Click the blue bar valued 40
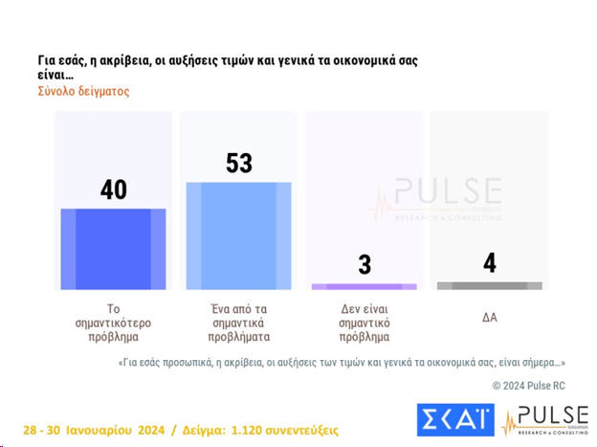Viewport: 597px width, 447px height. point(113,249)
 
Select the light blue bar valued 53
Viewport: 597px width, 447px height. point(238,235)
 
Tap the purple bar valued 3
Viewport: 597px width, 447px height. point(365,286)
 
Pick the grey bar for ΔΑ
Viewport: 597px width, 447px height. point(489,285)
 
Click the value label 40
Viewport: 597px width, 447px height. point(113,190)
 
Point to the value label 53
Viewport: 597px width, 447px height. point(238,164)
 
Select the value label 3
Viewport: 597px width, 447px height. point(365,265)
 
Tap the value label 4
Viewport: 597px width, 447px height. point(490,263)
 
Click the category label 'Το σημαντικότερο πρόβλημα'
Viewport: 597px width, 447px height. point(113,323)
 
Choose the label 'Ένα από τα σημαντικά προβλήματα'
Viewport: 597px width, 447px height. point(238,323)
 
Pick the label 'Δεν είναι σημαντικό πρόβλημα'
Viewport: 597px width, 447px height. point(365,323)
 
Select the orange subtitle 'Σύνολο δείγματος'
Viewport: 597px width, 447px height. point(83,92)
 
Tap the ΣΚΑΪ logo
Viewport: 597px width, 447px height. point(455,419)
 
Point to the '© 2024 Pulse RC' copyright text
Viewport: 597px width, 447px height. point(529,385)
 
